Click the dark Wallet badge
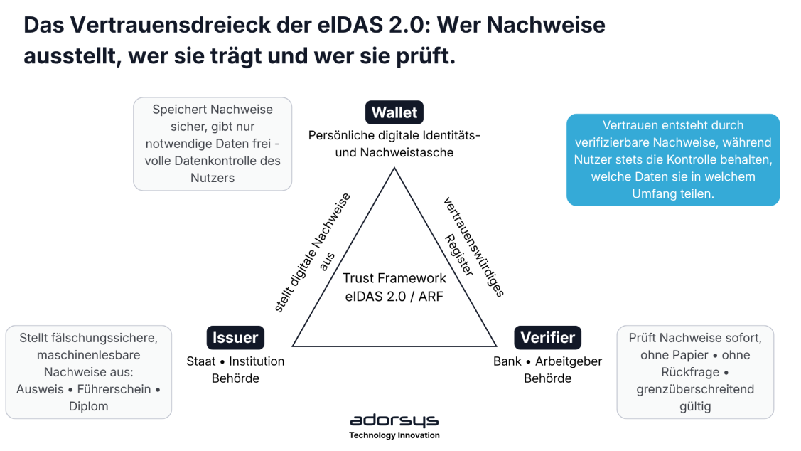pos(394,112)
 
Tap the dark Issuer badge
pos(235,337)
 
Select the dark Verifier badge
pos(547,337)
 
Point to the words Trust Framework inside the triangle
pos(394,278)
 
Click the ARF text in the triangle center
pos(431,297)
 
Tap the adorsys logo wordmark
pos(394,420)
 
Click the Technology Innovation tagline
pos(394,435)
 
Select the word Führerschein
pos(114,390)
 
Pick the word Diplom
pos(88,406)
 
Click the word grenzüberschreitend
pos(695,390)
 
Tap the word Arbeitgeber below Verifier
pos(569,361)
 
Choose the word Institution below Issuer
pos(257,361)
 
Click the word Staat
pos(200,361)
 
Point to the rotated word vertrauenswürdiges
pos(473,247)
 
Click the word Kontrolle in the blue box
pos(699,159)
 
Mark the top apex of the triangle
pos(394,168)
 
